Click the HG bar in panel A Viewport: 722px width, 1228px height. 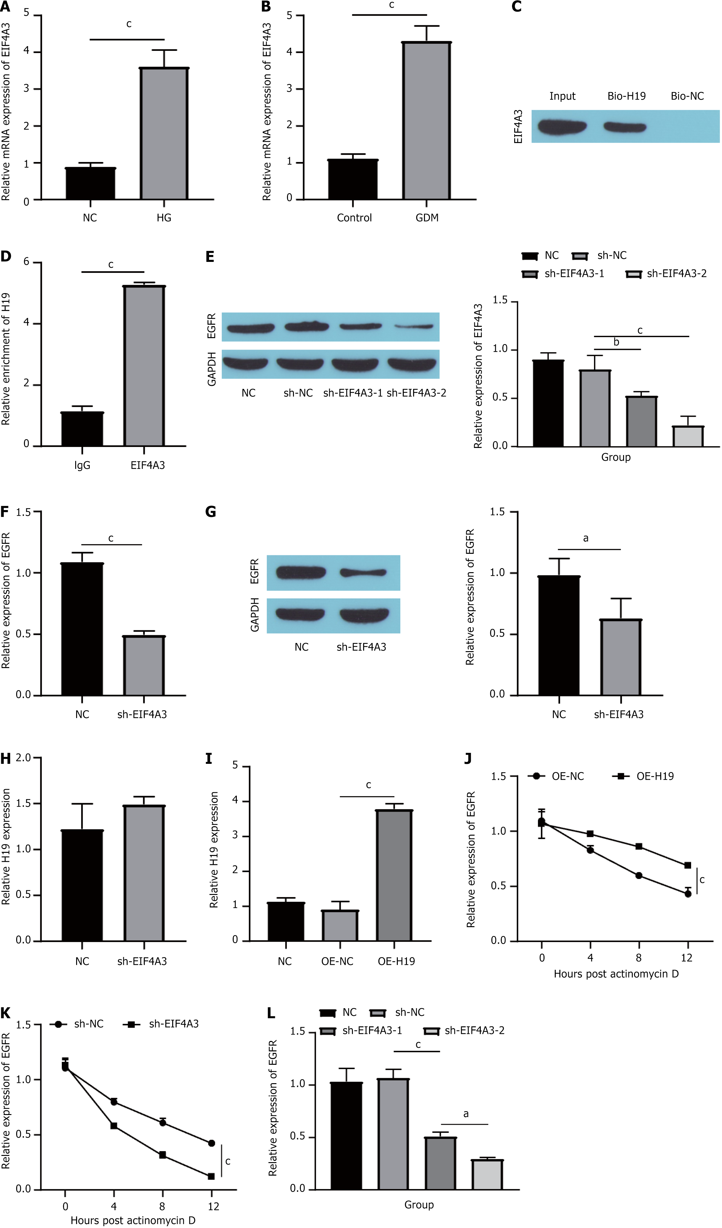click(164, 134)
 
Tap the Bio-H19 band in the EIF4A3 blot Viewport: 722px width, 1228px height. click(625, 127)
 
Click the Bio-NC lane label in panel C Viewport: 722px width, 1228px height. click(687, 96)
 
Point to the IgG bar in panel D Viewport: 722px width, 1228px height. click(82, 429)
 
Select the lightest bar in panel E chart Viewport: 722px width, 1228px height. click(688, 437)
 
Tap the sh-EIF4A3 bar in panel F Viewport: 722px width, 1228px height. click(144, 666)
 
